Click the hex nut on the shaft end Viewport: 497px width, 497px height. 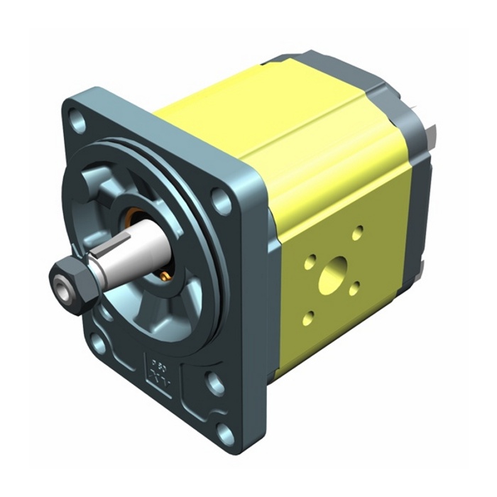click(72, 283)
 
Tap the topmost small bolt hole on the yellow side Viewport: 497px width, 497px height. click(358, 231)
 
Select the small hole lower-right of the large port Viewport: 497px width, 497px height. click(354, 288)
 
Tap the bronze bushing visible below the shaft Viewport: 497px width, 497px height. click(164, 273)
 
